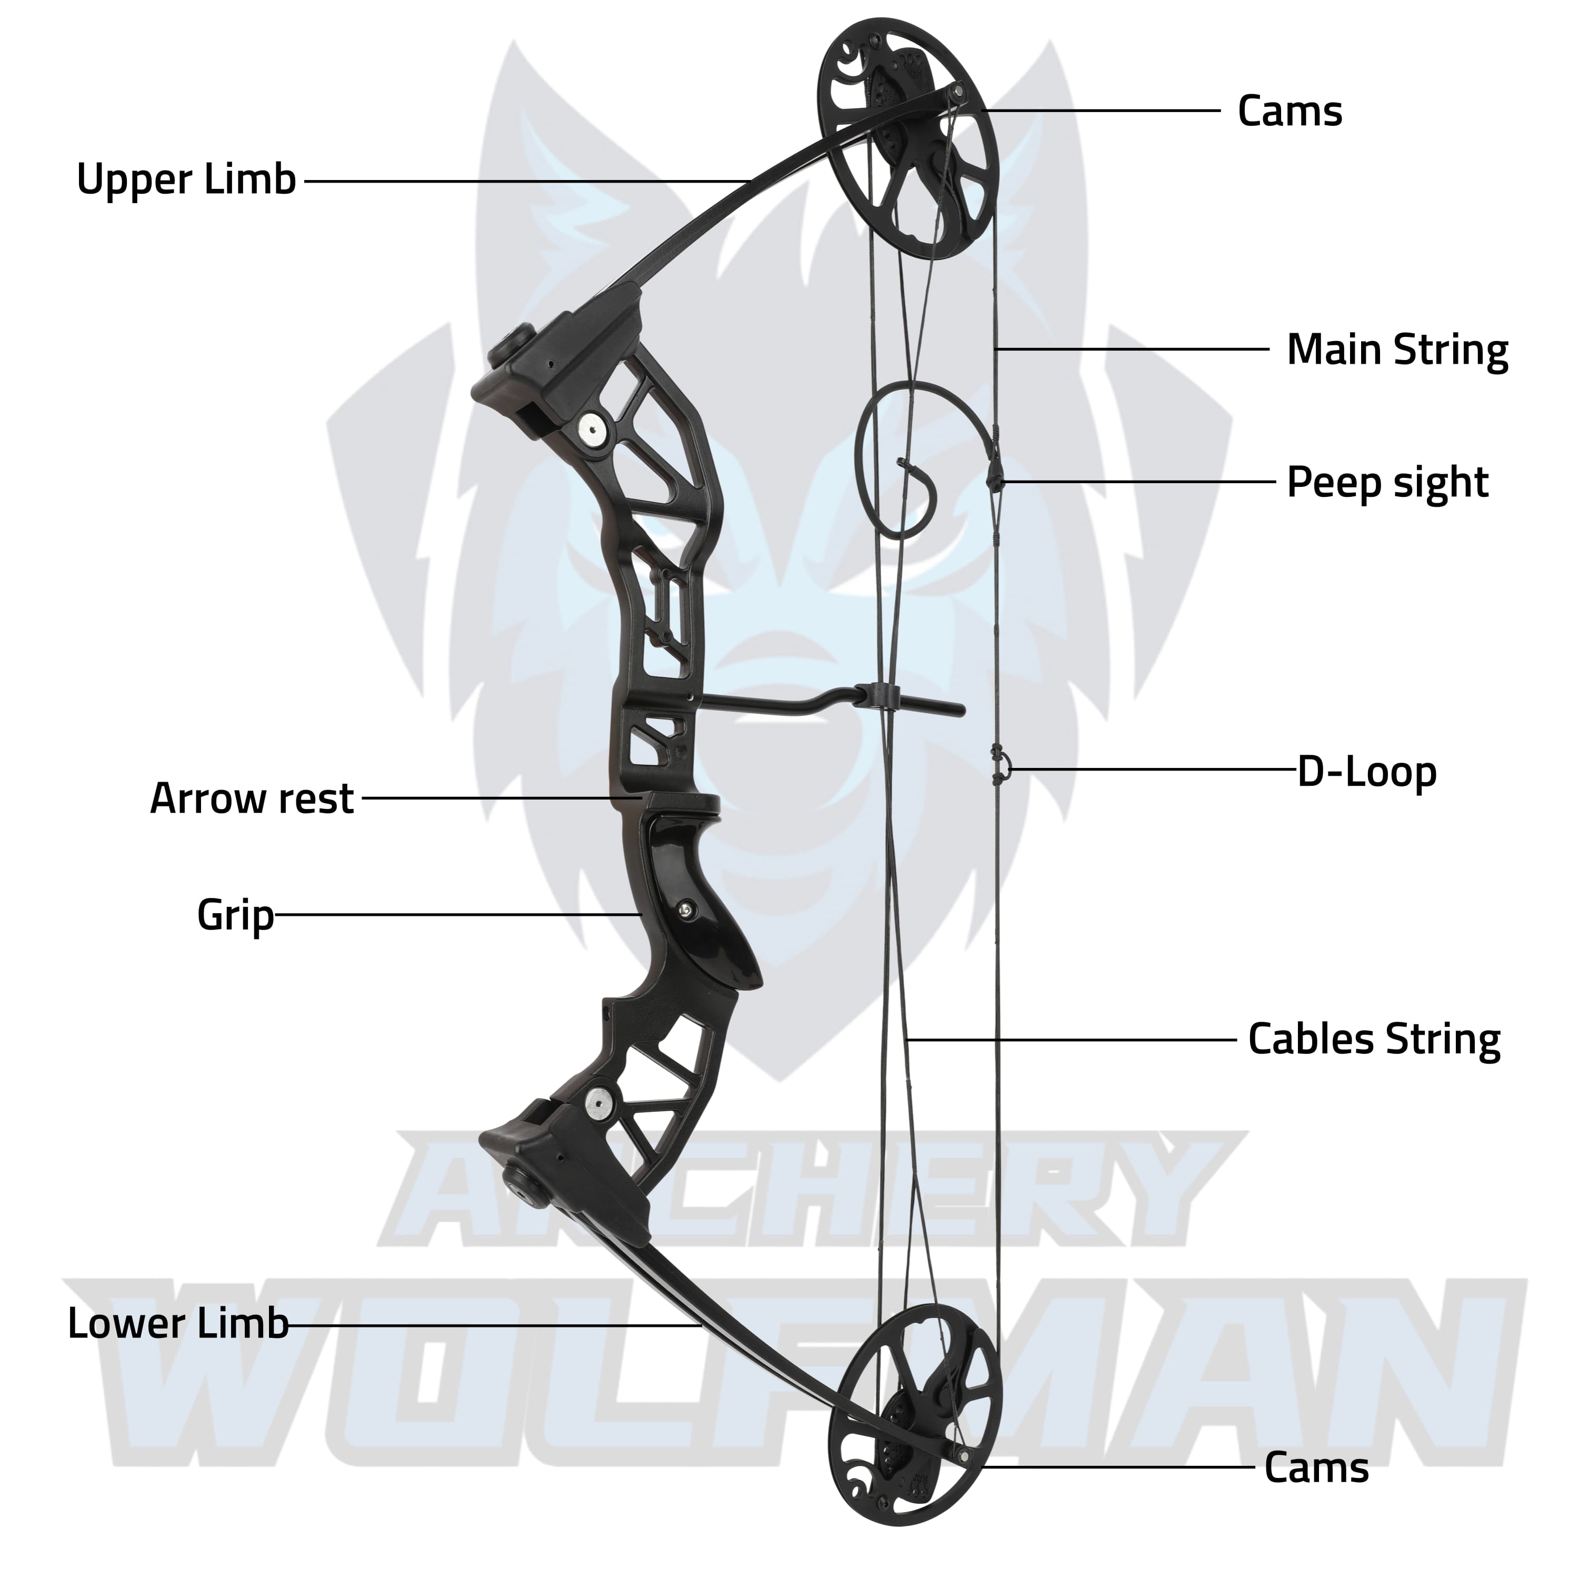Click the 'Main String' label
[x=1397, y=350]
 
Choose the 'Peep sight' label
[x=1387, y=482]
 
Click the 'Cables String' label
[x=1374, y=1040]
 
